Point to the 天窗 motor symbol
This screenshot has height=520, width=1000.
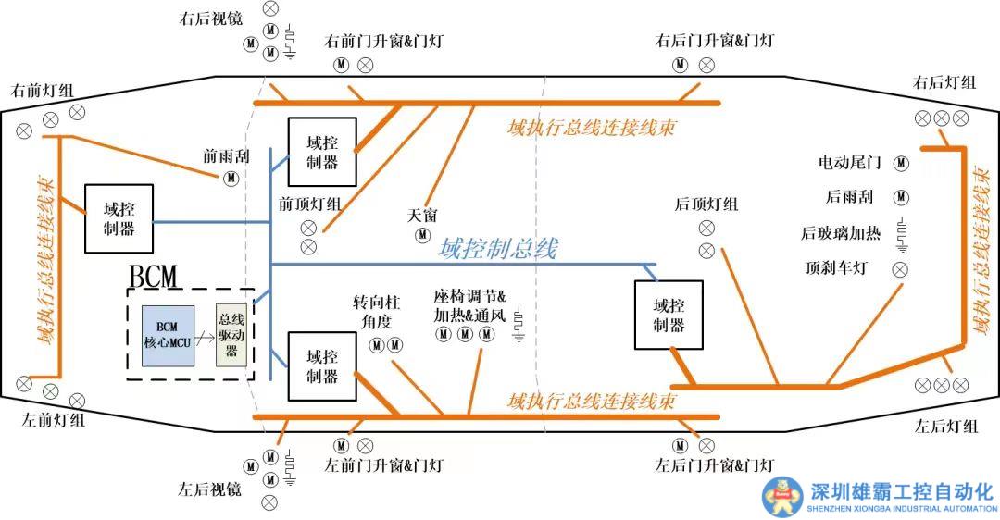pyautogui.click(x=422, y=234)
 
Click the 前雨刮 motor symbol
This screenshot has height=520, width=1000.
pyautogui.click(x=229, y=178)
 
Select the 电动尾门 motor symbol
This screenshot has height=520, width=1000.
pyautogui.click(x=900, y=163)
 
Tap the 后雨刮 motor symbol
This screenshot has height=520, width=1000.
pyautogui.click(x=900, y=197)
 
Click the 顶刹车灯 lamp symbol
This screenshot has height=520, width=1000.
pyautogui.click(x=899, y=269)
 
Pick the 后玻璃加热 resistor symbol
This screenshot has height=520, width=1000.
pyautogui.click(x=900, y=236)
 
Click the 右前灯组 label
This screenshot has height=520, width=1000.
pyautogui.click(x=43, y=92)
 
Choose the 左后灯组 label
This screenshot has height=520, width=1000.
pyautogui.click(x=945, y=426)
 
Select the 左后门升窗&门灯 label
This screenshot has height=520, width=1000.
pyautogui.click(x=714, y=464)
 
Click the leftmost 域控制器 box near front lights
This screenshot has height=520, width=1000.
pyautogui.click(x=119, y=219)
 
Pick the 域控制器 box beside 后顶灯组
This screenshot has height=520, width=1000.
pyautogui.click(x=668, y=315)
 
